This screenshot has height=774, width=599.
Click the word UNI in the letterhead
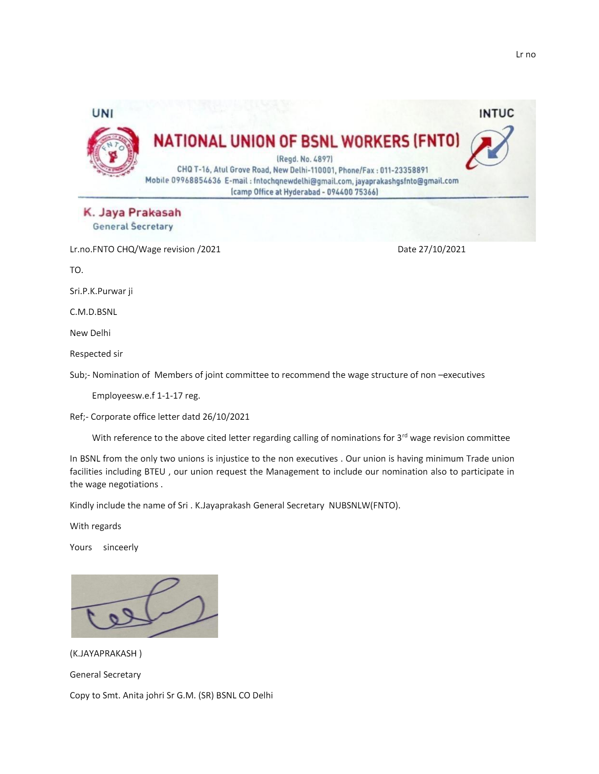pyautogui.click(x=103, y=113)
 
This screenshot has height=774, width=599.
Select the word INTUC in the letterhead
pyautogui.click(x=496, y=113)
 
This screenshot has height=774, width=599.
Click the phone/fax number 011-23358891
pyautogui.click(x=404, y=170)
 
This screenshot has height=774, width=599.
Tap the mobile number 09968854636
pyautogui.click(x=196, y=181)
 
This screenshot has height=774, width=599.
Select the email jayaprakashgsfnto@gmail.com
pyautogui.click(x=407, y=181)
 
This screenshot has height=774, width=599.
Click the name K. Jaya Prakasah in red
pyautogui.click(x=132, y=212)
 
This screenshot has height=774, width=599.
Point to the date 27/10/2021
pyautogui.click(x=442, y=249)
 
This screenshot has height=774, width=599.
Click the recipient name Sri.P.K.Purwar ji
pyautogui.click(x=101, y=291)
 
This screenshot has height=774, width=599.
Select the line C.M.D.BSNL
pyautogui.click(x=93, y=312)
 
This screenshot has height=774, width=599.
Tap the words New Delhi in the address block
pyautogui.click(x=90, y=333)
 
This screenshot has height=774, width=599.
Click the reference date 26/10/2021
pyautogui.click(x=226, y=417)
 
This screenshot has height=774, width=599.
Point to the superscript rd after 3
pyautogui.click(x=405, y=435)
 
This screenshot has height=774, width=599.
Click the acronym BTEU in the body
pyautogui.click(x=155, y=472)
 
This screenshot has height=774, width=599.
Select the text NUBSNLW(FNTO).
pyautogui.click(x=364, y=505)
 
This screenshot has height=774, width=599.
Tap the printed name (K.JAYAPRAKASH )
pyautogui.click(x=106, y=654)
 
